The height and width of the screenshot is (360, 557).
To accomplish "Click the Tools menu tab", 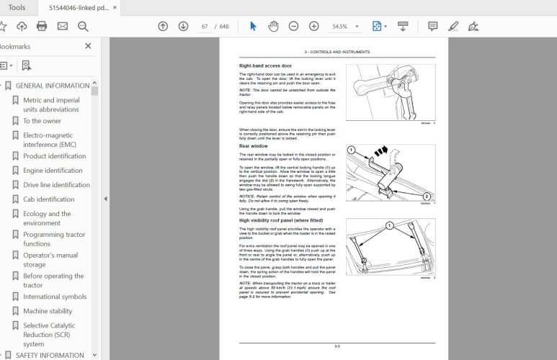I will (16, 7).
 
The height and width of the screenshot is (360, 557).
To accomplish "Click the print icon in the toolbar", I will (42, 27).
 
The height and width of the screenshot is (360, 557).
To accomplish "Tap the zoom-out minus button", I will (293, 27).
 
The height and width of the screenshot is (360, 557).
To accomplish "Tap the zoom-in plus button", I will (313, 27).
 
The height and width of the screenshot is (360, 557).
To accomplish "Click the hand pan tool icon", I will (273, 27).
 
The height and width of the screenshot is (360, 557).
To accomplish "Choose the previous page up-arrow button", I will (163, 27).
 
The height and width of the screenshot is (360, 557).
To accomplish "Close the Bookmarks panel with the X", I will (88, 46).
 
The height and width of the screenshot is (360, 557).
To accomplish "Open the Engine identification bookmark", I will (53, 171).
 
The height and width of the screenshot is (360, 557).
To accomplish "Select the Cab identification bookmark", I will (48, 199).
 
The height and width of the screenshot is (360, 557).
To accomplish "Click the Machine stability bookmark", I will (48, 311).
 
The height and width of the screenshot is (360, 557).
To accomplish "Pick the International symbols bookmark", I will (55, 297).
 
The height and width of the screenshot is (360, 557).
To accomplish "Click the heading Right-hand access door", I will (265, 66).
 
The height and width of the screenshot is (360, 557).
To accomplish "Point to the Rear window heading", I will (254, 146).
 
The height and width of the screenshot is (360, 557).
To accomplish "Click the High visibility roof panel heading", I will (279, 220).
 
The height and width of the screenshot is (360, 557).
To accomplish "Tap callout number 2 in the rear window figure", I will (427, 197).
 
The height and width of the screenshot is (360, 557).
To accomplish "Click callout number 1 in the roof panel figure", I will (390, 225).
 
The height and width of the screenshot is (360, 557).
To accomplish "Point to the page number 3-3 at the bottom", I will (337, 347).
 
